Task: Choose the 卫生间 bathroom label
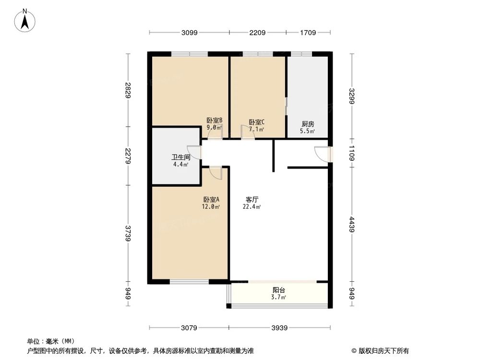pos(181,157)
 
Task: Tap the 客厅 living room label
pos(252,199)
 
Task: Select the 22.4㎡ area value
pos(252,207)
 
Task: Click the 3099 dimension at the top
pos(189,33)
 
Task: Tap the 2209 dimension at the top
pos(257,33)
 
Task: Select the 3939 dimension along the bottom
pos(279,328)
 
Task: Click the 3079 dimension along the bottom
pos(189,328)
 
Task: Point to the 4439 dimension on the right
pos(353,224)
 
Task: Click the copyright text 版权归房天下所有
pos(384,351)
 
